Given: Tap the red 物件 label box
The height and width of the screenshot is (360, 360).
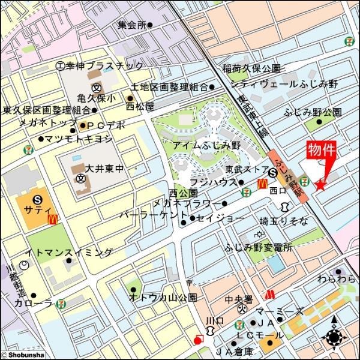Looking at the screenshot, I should click(321, 151).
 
